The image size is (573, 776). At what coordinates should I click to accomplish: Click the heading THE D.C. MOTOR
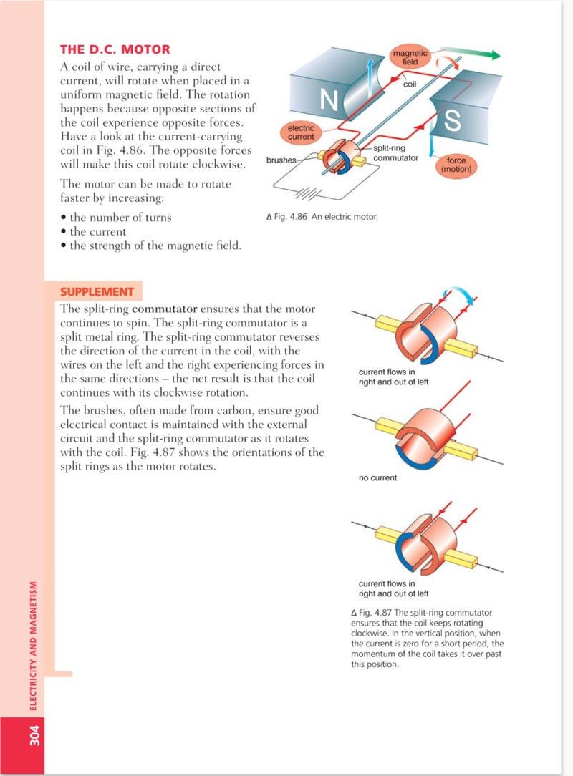(115, 49)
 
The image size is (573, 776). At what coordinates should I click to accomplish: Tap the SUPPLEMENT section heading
(97, 291)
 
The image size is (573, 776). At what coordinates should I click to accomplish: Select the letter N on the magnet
(328, 100)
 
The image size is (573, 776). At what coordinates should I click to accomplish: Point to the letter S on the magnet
(453, 120)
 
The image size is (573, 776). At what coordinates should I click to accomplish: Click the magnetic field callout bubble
(410, 57)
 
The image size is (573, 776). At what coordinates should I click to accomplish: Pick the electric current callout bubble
(301, 132)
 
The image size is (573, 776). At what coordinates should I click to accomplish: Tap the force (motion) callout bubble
(456, 165)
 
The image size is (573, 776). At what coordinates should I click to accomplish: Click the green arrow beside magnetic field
(471, 52)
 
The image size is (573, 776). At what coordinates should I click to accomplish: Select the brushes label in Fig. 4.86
(281, 160)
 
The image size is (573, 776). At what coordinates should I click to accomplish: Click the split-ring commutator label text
(395, 153)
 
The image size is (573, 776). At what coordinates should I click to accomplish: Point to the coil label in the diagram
(410, 84)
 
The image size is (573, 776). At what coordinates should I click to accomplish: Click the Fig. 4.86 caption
(322, 217)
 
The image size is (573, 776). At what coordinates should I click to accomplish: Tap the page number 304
(34, 735)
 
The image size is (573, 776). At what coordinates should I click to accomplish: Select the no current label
(378, 477)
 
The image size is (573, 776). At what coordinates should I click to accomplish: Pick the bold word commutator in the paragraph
(165, 309)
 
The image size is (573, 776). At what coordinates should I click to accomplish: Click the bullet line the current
(93, 232)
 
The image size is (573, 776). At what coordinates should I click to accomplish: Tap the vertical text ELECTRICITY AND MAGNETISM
(34, 646)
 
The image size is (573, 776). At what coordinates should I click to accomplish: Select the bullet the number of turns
(116, 217)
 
